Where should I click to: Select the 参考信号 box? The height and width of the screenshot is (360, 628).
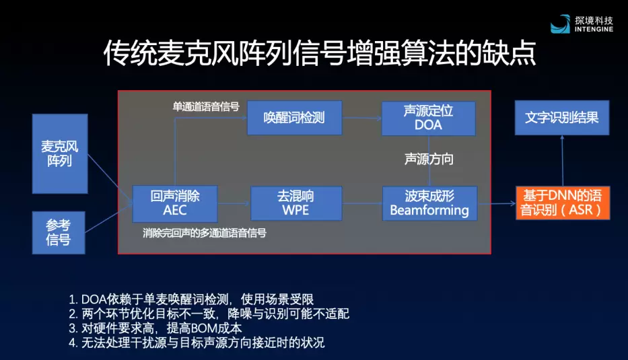59,232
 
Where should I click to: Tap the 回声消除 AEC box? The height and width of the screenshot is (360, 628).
174,203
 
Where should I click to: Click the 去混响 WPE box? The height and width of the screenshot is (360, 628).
296,203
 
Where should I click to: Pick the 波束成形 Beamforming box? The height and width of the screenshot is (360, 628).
429,203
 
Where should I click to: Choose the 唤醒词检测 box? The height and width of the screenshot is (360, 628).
294,118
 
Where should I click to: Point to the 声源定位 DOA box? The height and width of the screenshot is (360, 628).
428,118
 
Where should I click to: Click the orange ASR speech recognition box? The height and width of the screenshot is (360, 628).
563,203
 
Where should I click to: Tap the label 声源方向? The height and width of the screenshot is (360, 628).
429,159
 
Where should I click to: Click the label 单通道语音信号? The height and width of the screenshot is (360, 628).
206,107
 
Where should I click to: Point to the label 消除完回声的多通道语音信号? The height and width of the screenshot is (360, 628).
205,233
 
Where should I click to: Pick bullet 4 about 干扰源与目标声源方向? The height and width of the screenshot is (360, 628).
197,343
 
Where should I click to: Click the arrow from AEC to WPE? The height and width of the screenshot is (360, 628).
234,203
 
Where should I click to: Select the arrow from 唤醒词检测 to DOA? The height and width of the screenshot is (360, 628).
361,118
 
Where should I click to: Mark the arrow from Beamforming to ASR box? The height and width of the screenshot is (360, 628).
496,203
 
